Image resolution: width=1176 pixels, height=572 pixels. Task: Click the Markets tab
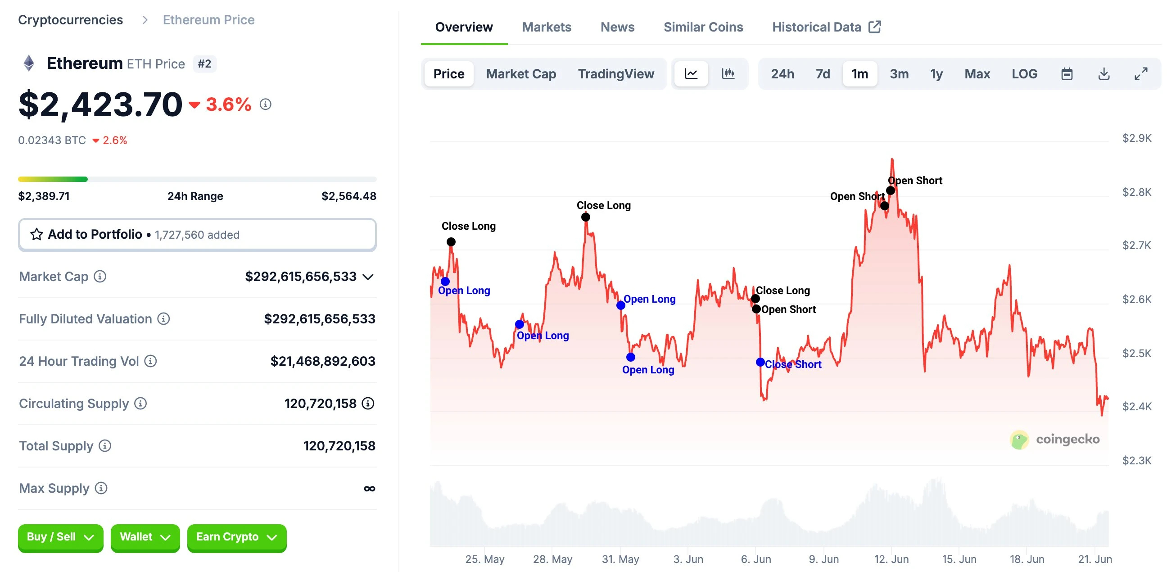[x=546, y=27]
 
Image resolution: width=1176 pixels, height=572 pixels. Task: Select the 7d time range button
[x=822, y=73]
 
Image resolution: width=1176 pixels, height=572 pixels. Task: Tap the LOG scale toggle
[x=1023, y=73]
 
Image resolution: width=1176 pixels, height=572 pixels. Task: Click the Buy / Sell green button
[x=60, y=537]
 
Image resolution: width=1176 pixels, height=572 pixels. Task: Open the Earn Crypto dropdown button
[x=236, y=537]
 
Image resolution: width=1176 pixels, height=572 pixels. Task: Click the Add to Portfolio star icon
[x=36, y=234]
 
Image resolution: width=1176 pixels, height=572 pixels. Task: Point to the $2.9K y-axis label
[x=1136, y=138]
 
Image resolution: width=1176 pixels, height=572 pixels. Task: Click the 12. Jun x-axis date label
[x=891, y=559]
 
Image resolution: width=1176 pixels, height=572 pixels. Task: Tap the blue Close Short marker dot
[x=760, y=362]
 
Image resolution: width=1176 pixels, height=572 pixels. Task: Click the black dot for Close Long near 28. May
[x=585, y=217]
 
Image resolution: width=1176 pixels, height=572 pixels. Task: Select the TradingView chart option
[x=615, y=73]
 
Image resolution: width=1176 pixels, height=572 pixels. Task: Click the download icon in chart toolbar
[x=1104, y=73]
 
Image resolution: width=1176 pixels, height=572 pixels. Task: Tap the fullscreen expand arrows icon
[x=1140, y=73]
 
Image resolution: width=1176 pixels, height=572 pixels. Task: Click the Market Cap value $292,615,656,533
[x=300, y=277]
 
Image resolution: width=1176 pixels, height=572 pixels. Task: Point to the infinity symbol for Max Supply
[x=369, y=488]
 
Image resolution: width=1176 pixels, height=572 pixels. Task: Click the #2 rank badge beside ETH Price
[x=204, y=64]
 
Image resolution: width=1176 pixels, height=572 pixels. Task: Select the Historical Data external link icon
[x=874, y=27]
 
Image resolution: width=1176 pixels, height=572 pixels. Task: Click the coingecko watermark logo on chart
[x=1018, y=440]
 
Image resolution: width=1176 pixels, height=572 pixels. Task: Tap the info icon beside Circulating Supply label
[x=140, y=404]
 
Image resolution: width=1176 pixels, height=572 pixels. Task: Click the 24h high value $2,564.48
[x=348, y=196]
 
